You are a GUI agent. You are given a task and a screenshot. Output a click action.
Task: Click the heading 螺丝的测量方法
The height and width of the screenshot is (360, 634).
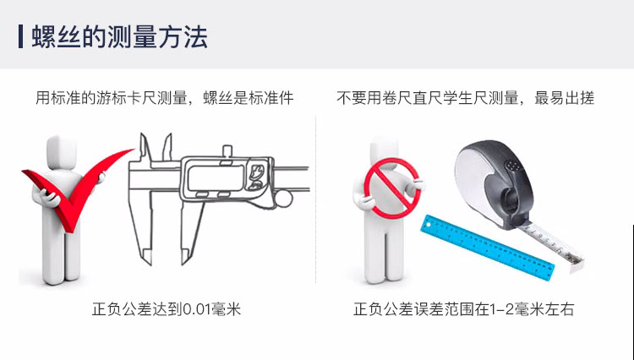(120, 37)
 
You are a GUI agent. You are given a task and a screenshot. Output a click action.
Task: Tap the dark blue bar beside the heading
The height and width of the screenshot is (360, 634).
(20, 36)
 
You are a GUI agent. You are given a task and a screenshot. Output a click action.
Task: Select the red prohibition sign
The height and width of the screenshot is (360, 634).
(391, 188)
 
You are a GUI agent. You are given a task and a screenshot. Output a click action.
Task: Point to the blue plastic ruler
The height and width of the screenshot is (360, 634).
(487, 247)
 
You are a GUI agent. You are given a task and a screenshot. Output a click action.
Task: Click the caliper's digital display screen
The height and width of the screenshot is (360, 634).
(216, 177)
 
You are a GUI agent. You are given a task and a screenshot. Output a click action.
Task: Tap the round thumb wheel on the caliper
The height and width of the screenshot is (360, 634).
(283, 199)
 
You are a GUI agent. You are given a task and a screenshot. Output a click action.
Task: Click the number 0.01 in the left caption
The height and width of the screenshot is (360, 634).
(197, 309)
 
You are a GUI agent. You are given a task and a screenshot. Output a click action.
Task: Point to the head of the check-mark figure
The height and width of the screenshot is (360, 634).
(62, 152)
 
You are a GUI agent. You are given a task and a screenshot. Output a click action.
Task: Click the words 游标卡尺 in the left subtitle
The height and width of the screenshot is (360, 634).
(126, 98)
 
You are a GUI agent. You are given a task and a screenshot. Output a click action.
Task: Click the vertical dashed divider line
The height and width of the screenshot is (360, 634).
(316, 200)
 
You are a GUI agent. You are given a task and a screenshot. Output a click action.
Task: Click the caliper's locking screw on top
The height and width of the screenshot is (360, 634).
(227, 151)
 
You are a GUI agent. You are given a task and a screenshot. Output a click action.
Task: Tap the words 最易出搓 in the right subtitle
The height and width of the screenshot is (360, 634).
(564, 98)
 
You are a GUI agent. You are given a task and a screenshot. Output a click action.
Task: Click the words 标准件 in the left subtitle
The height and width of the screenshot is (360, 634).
(271, 98)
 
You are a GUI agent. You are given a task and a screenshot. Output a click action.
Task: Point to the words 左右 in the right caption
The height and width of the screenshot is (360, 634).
(560, 309)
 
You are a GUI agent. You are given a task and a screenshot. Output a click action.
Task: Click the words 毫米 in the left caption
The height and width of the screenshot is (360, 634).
(226, 309)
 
